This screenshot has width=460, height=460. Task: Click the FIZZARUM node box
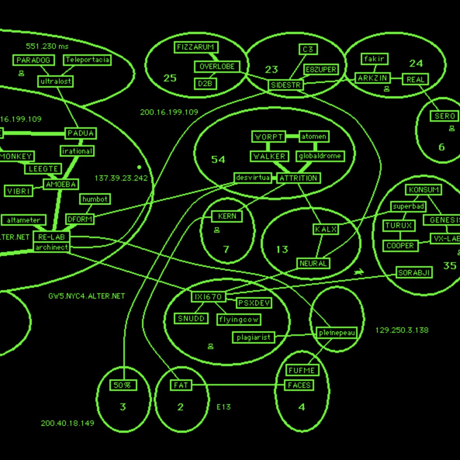(195, 47)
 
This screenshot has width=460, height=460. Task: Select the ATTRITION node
(298, 178)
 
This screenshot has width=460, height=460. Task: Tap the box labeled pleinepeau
(337, 333)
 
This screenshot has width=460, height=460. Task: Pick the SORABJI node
(414, 273)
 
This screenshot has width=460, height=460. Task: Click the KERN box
(227, 216)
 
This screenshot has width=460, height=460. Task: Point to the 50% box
(123, 385)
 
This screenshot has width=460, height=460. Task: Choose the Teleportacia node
(87, 60)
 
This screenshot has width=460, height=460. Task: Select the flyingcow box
(239, 320)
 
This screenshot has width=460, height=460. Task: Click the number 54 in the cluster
(218, 159)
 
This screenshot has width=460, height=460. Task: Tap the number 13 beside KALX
(282, 249)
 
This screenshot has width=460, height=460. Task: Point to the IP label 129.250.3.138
(402, 330)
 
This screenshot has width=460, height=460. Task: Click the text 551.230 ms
(47, 47)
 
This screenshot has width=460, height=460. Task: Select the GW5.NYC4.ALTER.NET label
(86, 296)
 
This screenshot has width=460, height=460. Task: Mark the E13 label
(223, 407)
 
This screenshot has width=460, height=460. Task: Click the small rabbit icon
(359, 272)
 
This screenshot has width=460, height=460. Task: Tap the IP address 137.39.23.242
(121, 178)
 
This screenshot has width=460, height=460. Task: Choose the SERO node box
(444, 116)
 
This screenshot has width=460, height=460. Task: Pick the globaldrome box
(320, 156)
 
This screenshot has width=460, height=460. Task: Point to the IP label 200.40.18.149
(67, 423)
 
